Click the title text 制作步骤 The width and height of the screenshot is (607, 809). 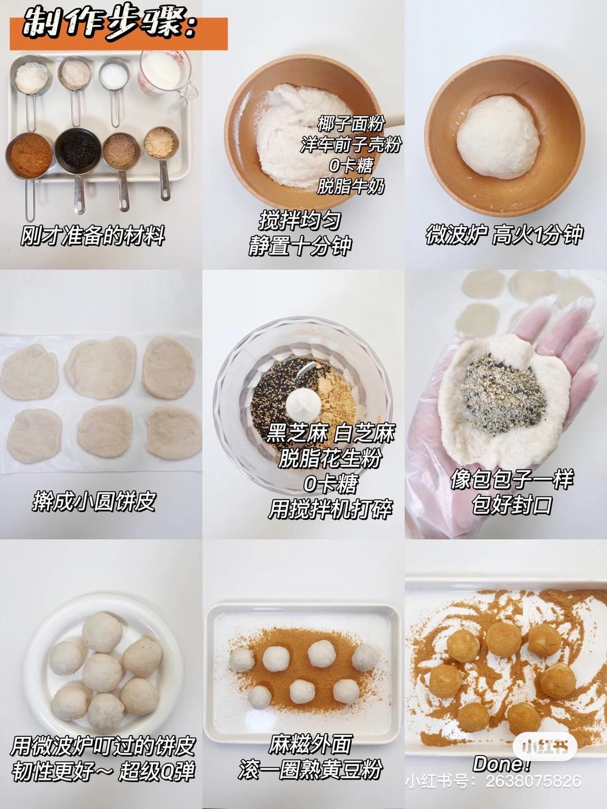(110, 25)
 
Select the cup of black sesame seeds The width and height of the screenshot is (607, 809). (77, 148)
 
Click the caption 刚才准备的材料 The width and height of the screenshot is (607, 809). (93, 235)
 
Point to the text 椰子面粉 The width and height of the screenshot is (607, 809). (351, 123)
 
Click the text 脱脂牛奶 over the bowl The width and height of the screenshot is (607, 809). (351, 186)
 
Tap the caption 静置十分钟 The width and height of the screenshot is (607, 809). (300, 246)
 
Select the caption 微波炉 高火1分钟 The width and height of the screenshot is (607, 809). (504, 234)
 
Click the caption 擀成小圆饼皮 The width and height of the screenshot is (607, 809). (94, 501)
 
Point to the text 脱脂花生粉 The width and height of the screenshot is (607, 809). (330, 458)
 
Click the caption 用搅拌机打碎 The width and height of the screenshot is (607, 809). (330, 509)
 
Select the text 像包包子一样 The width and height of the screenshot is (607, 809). (511, 479)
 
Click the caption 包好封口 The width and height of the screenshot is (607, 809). (511, 504)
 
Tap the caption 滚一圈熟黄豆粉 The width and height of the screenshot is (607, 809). (310, 769)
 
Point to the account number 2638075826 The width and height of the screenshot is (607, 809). (533, 781)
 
